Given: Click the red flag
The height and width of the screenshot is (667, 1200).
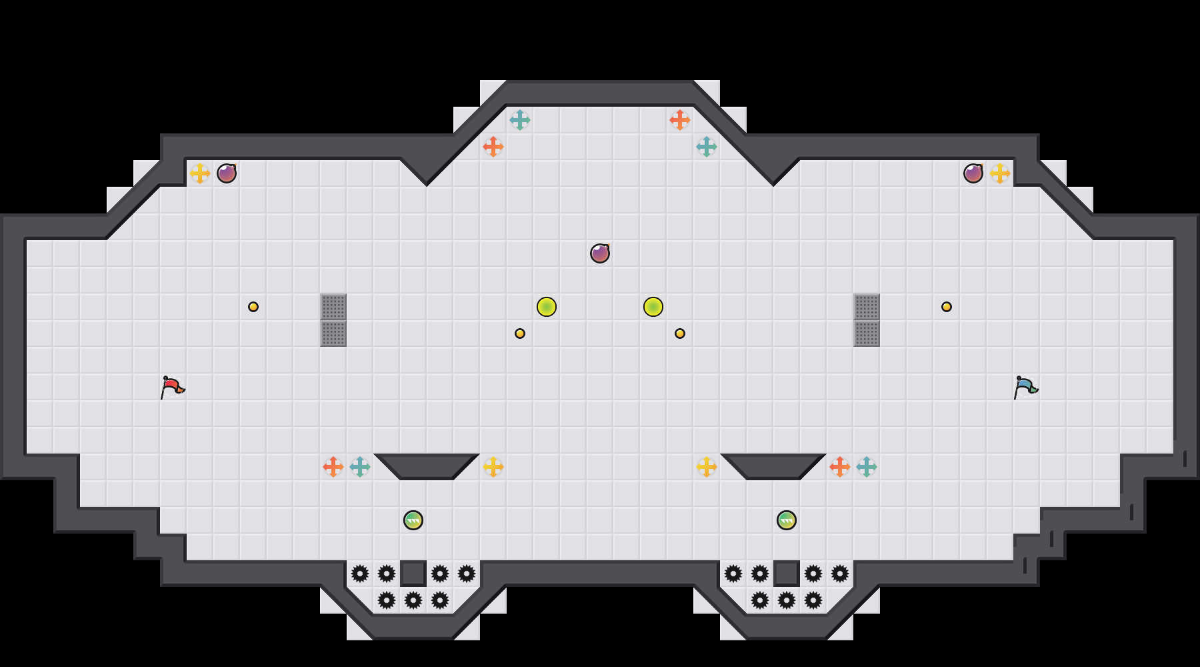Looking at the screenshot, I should click(172, 387).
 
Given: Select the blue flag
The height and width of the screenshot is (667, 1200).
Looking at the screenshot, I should click(1025, 387).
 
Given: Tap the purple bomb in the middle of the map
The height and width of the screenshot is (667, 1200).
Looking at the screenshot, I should click(600, 253).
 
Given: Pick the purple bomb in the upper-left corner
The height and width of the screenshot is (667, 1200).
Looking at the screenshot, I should click(227, 173).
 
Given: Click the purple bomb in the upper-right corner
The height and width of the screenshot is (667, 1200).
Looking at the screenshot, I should click(973, 173).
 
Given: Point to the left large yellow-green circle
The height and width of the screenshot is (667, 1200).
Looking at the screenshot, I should click(547, 307).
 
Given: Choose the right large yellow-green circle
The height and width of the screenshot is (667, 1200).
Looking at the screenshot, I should click(653, 307).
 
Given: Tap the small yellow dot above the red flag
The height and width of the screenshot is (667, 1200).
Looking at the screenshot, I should click(253, 307).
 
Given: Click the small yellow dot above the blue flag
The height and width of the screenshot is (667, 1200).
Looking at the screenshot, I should click(947, 307).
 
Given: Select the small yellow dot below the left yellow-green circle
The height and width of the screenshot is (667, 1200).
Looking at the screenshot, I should click(520, 333).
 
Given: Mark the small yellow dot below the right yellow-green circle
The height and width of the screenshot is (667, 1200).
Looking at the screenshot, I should click(680, 333).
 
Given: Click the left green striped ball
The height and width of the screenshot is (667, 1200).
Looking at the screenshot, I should click(413, 520).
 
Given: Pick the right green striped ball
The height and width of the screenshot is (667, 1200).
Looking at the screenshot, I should click(787, 520).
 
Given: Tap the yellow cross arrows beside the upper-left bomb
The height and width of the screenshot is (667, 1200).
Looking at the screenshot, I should click(200, 173).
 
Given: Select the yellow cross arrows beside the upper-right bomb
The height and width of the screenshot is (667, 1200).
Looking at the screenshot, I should click(1000, 173).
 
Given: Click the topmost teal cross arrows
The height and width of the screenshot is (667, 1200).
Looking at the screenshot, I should click(520, 120).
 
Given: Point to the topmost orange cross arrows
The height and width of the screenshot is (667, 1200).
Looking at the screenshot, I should click(680, 120).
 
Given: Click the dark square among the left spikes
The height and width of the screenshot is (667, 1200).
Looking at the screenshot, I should click(413, 574).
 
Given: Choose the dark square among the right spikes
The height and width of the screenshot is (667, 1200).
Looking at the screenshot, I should click(787, 574).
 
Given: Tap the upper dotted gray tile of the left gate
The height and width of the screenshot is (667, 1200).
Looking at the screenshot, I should click(333, 307).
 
